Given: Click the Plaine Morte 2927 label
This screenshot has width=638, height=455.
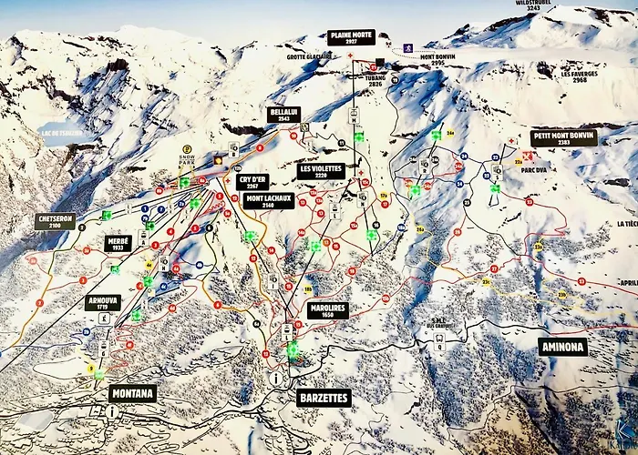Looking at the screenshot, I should (x=351, y=37).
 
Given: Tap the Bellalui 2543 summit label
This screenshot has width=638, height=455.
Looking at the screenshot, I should (x=283, y=115).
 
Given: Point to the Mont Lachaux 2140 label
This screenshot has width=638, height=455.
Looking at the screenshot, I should (x=268, y=200).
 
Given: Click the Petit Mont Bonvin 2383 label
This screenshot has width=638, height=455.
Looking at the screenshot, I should (x=563, y=138).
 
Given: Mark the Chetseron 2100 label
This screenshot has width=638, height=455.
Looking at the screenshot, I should (x=55, y=220).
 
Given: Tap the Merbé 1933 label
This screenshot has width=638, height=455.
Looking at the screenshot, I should (x=118, y=244).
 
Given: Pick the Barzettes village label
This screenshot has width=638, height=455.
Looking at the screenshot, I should (x=323, y=397).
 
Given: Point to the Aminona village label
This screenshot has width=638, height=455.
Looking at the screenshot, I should (x=561, y=347).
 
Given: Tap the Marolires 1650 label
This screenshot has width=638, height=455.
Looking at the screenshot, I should (x=328, y=310).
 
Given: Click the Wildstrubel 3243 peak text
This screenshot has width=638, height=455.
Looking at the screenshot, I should (x=536, y=5).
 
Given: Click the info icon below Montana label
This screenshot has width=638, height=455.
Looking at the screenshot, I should (x=111, y=411).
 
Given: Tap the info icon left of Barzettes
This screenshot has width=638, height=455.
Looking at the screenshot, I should (x=274, y=378).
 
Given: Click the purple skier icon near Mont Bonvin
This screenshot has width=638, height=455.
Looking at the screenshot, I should (x=408, y=46).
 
